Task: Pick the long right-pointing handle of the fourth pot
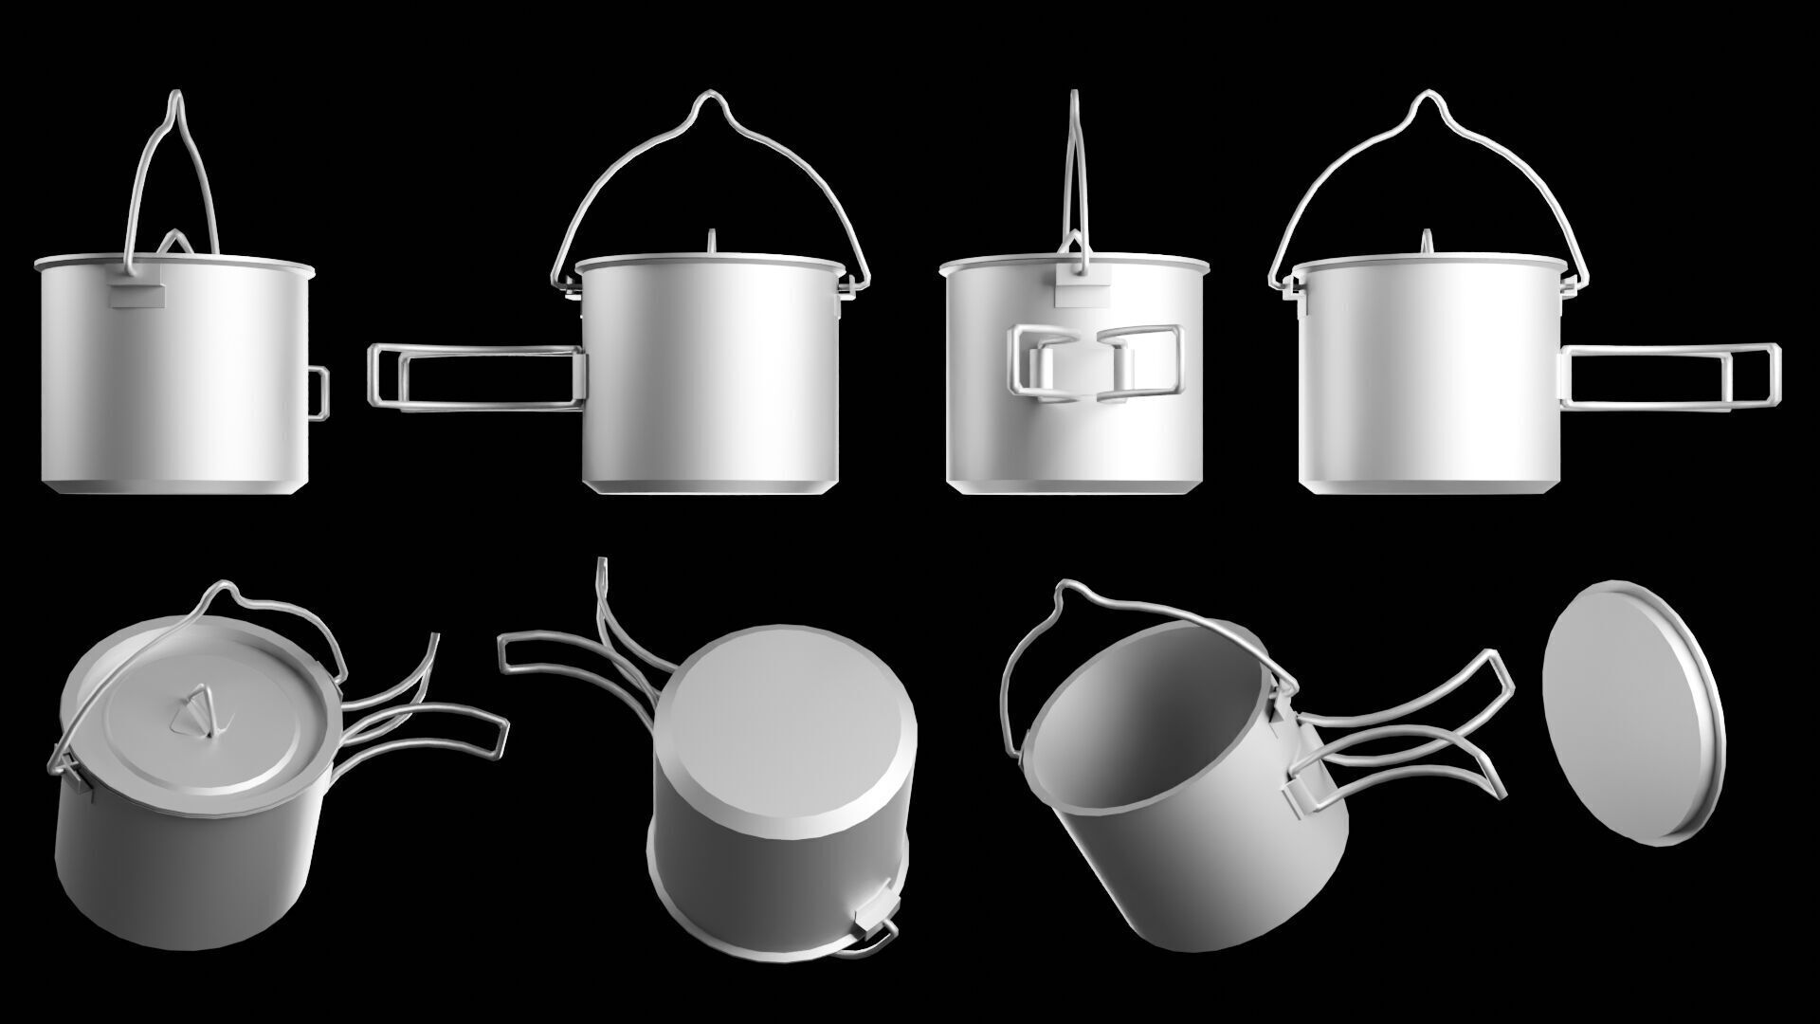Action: point(1673,375)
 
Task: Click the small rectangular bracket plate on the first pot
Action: point(137,298)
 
